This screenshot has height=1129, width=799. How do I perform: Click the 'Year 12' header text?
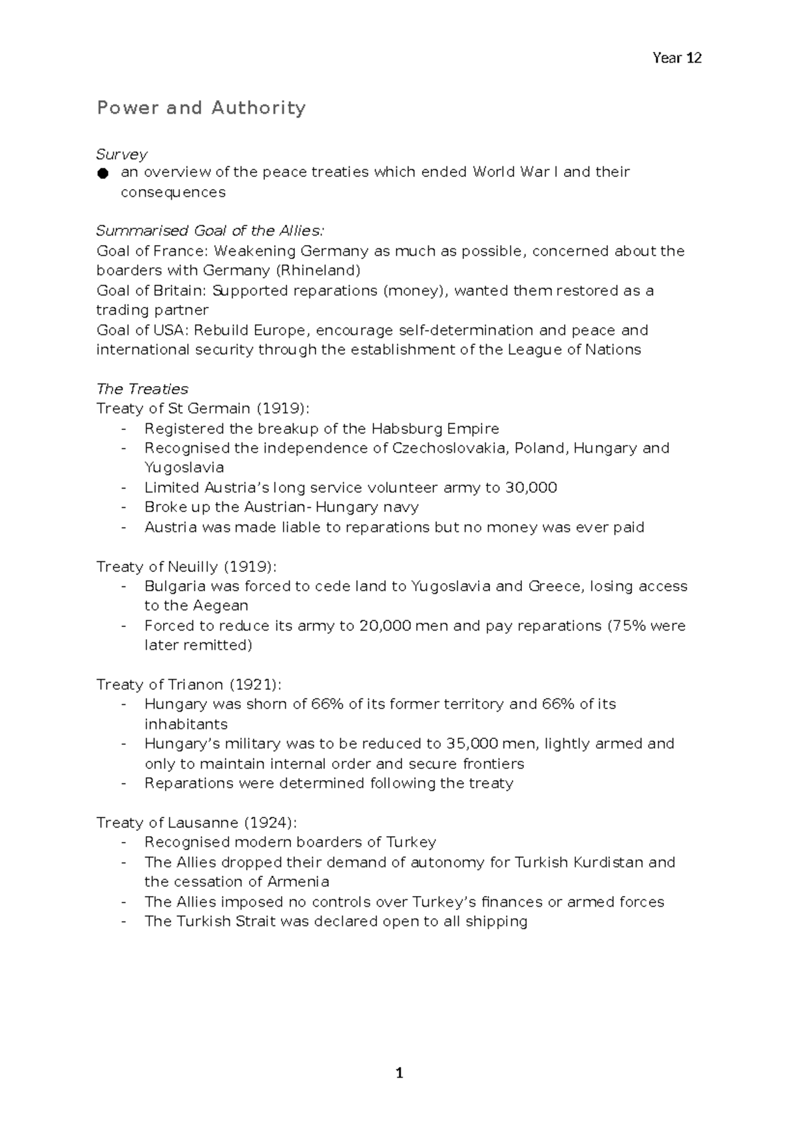tap(676, 58)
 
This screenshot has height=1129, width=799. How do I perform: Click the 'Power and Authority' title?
tap(201, 108)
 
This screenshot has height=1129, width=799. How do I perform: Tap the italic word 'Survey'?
tap(121, 154)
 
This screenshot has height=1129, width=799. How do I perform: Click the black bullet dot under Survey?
tap(102, 174)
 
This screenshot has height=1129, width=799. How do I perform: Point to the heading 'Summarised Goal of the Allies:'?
tap(210, 231)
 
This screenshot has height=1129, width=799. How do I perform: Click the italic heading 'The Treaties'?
tap(142, 389)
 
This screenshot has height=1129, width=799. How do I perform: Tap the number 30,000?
tap(531, 488)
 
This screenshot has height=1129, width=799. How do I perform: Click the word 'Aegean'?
tap(220, 606)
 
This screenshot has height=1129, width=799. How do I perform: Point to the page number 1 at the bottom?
tap(400, 1074)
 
